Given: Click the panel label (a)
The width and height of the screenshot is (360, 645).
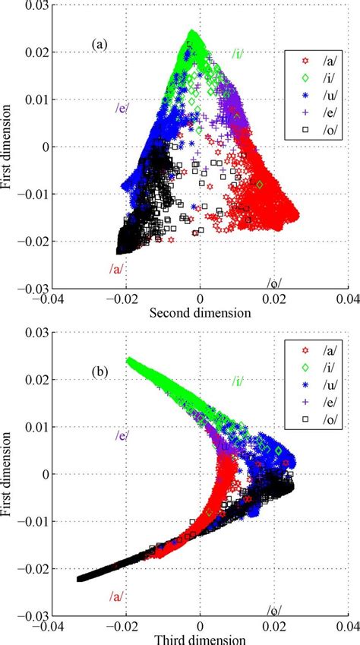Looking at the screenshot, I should tap(100, 45).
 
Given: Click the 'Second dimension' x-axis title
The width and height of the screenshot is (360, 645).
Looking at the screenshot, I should tap(200, 312).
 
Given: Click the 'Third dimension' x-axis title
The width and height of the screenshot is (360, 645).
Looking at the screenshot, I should tap(200, 639).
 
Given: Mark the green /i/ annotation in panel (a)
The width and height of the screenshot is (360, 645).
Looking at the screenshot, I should tap(238, 53).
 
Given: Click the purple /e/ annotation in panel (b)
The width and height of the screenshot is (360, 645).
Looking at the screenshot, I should tap(122, 436).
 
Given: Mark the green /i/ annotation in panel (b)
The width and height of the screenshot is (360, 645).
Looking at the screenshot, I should tap(238, 381).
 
